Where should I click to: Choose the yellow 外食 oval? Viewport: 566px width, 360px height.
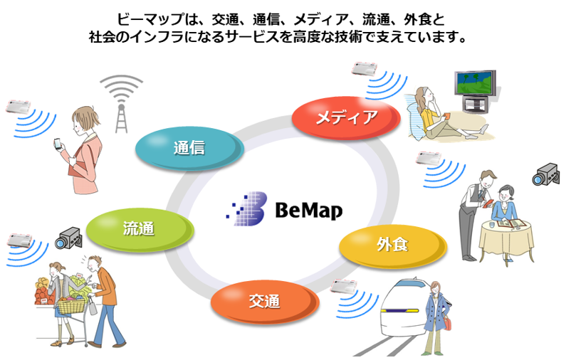click(x=391, y=245)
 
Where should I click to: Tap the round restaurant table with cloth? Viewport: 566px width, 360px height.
click(x=505, y=239)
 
